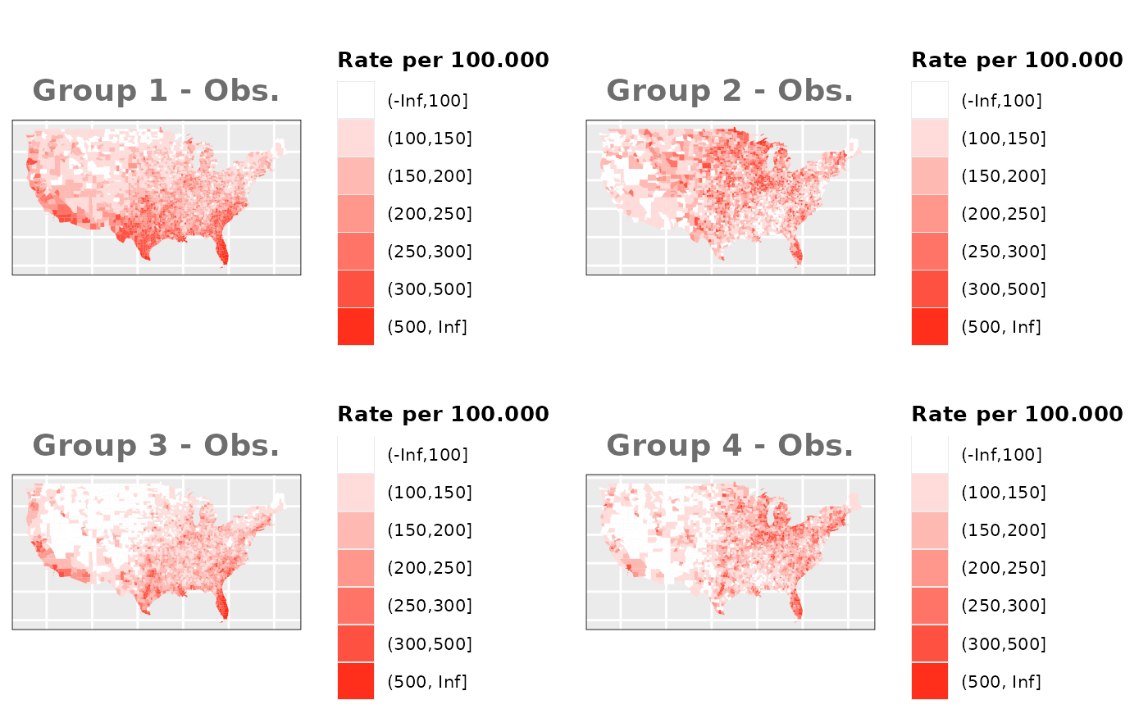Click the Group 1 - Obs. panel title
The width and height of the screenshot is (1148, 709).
pos(156,91)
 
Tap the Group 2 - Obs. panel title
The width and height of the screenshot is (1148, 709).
pos(730,91)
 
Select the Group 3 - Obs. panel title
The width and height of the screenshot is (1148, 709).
pos(156,446)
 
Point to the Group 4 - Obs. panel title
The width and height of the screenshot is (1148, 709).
pos(730,446)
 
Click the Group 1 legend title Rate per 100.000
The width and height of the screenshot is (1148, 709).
pos(443,60)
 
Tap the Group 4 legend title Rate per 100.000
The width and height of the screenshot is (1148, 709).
pos(1017,414)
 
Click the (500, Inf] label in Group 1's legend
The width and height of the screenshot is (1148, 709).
pos(426,327)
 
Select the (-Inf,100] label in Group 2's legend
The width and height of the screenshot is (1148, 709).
pos(1001,101)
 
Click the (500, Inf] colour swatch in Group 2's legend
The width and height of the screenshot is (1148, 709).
pos(929,327)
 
